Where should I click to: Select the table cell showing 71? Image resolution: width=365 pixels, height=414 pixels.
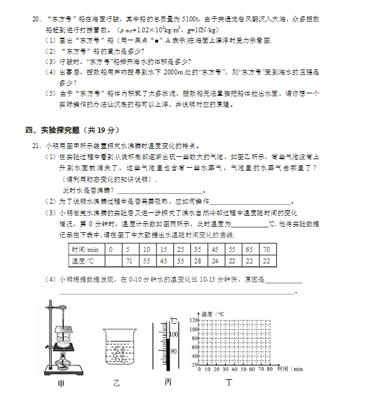(x=128, y=261)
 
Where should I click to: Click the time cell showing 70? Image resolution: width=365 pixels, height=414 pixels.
(x=266, y=249)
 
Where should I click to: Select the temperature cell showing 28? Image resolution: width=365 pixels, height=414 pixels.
(x=197, y=261)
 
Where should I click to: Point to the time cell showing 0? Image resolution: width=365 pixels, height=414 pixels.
(x=111, y=249)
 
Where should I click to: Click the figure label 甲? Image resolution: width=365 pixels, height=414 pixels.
(x=61, y=384)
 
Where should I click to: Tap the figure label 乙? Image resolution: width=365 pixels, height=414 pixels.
(x=117, y=384)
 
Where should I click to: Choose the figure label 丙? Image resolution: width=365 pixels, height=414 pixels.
(x=169, y=382)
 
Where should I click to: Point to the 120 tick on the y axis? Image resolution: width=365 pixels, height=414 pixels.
(x=194, y=319)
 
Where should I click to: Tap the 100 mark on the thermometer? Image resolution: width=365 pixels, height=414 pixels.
(x=173, y=334)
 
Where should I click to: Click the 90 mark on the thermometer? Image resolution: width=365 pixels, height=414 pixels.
(x=173, y=351)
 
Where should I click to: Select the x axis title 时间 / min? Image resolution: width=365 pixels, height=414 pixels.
(x=289, y=369)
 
